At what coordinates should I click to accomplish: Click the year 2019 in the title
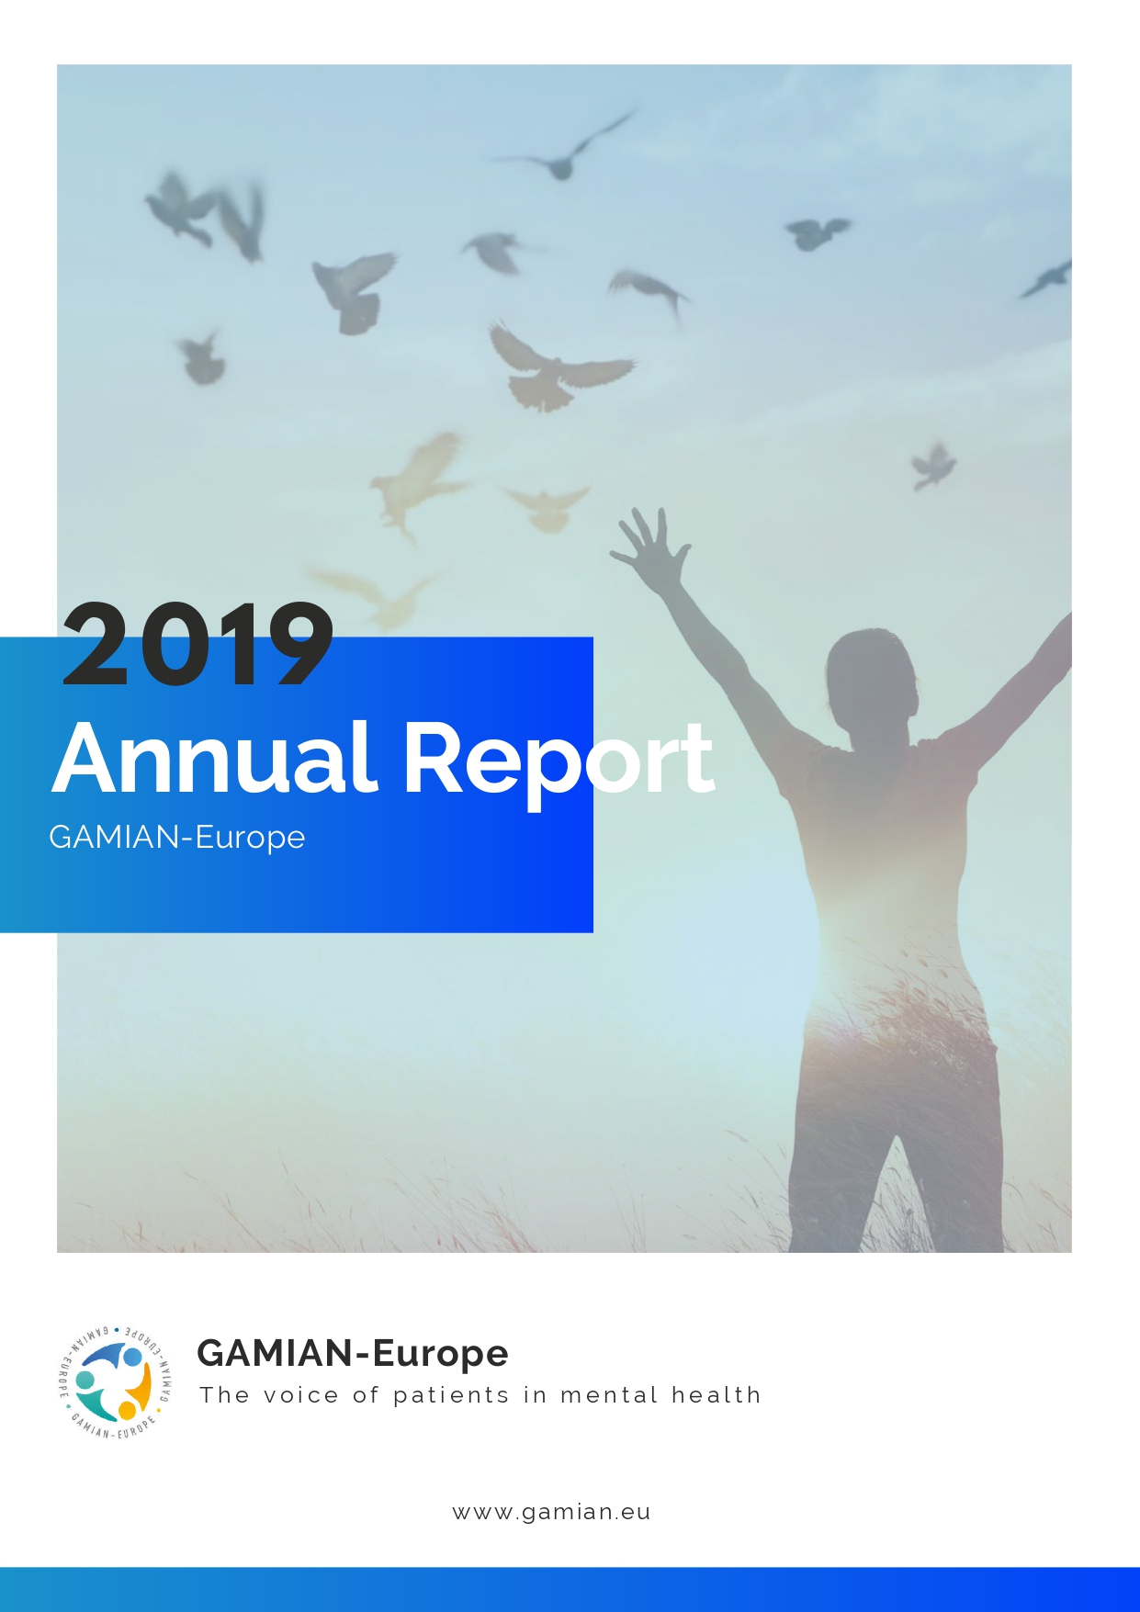[198, 644]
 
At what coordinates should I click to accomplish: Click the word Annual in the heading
[215, 758]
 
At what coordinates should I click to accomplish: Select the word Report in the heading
[559, 761]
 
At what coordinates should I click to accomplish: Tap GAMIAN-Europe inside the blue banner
[177, 838]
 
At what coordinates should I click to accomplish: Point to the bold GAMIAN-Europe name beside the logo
[353, 1354]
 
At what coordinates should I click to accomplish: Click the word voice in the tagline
[301, 1395]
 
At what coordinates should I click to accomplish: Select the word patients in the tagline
[451, 1396]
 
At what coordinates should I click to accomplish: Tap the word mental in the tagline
[609, 1395]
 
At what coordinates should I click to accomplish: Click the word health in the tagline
[717, 1395]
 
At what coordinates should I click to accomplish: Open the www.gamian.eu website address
[552, 1513]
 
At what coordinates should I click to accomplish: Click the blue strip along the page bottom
[570, 1589]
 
